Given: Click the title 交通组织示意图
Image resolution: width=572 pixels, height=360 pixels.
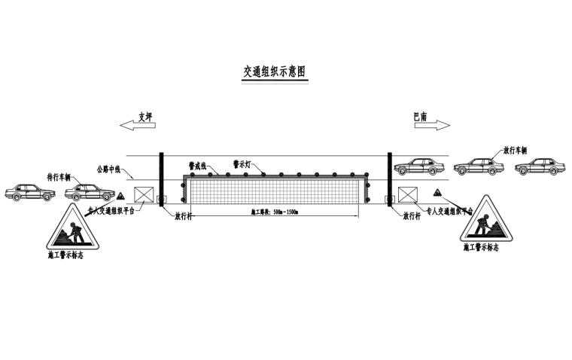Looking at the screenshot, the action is (x=274, y=72).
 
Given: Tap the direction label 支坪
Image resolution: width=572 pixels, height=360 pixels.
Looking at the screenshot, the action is (x=145, y=116).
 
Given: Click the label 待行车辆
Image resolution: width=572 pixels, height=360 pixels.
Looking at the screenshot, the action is (x=58, y=178).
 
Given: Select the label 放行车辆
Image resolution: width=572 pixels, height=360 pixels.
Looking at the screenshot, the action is (x=515, y=150).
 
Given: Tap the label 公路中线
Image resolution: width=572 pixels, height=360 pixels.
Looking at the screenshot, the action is (x=110, y=169).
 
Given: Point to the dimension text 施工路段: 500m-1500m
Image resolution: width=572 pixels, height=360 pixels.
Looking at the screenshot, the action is (x=274, y=212).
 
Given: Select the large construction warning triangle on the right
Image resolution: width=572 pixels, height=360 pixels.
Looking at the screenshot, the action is (x=485, y=221).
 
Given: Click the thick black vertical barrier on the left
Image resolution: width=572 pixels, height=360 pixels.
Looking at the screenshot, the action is (x=161, y=178).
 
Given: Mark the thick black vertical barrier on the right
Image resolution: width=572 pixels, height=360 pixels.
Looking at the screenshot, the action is (x=389, y=178).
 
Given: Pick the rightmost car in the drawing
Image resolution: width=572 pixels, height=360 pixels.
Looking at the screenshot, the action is (x=539, y=166).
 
